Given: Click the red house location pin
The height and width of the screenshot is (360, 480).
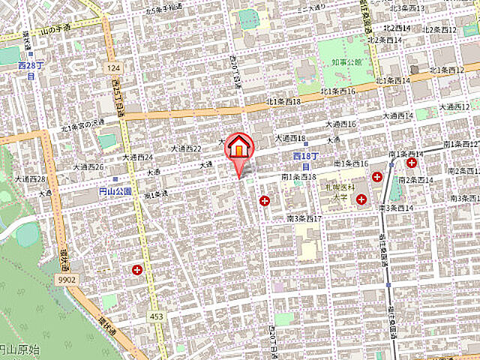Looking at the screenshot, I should click(x=239, y=148).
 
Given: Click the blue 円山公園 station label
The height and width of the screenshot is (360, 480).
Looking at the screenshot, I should click(x=115, y=191).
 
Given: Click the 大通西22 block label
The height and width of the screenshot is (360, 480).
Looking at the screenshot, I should click(x=187, y=149).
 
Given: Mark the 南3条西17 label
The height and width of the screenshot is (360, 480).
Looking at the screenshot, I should click(x=304, y=218).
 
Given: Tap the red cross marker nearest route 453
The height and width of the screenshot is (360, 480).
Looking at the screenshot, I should click(x=137, y=269).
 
